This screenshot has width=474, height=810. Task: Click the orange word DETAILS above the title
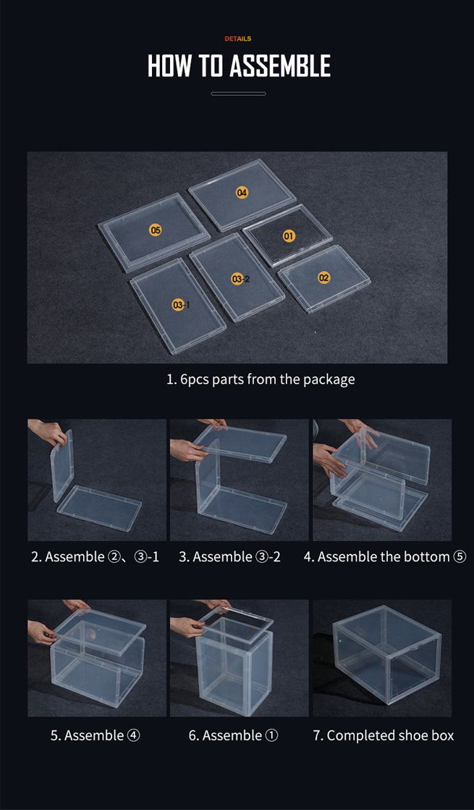click(x=238, y=38)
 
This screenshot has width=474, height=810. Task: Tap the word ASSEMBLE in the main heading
click(x=279, y=66)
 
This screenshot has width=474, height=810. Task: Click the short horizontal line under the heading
click(x=238, y=93)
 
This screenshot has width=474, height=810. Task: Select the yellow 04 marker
click(x=242, y=193)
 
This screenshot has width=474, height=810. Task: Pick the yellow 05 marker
click(x=156, y=230)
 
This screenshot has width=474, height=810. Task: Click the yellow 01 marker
click(x=289, y=236)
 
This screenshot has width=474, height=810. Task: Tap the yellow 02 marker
click(x=323, y=277)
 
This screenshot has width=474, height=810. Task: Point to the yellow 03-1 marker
click(x=180, y=305)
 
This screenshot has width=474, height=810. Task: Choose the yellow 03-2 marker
click(x=240, y=279)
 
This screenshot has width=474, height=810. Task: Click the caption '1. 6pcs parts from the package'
click(x=261, y=380)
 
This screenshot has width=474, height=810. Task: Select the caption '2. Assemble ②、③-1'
click(x=96, y=557)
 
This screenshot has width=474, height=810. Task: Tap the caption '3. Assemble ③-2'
click(x=229, y=557)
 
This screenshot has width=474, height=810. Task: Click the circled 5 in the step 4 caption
click(x=460, y=557)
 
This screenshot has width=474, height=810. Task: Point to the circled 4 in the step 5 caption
click(x=133, y=735)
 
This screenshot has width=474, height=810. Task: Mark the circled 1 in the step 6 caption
click(x=271, y=735)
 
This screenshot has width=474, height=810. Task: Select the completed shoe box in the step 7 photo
click(x=387, y=654)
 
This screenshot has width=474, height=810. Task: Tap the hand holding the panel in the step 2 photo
click(x=49, y=431)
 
